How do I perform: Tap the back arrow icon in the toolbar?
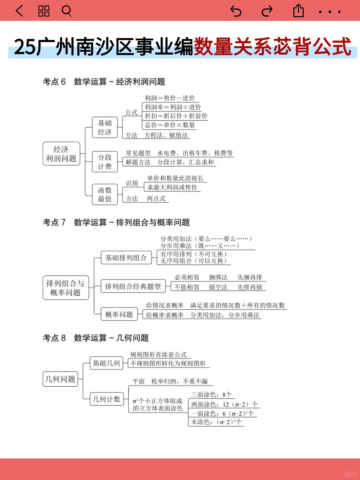pos(19,11)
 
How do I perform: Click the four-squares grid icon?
pos(44,11)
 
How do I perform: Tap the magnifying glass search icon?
pos(67,11)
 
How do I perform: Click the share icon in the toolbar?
pos(298,11)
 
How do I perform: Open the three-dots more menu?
pos(330,12)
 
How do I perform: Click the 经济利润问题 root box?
pos(61,154)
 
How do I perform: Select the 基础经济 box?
pos(105,127)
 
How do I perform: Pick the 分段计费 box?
pos(105,162)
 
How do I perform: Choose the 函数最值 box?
pos(105,194)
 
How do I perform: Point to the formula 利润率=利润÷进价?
pos(173,107)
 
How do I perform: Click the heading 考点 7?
pos(54,222)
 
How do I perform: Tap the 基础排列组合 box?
pos(126,258)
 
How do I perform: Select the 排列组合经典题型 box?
pos(133,286)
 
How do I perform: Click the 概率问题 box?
pos(119,314)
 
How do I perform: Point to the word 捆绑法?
pos(218,277)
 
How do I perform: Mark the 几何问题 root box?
pos(60,379)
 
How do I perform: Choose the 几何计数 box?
pos(106,399)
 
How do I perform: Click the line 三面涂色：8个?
pos(211,394)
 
